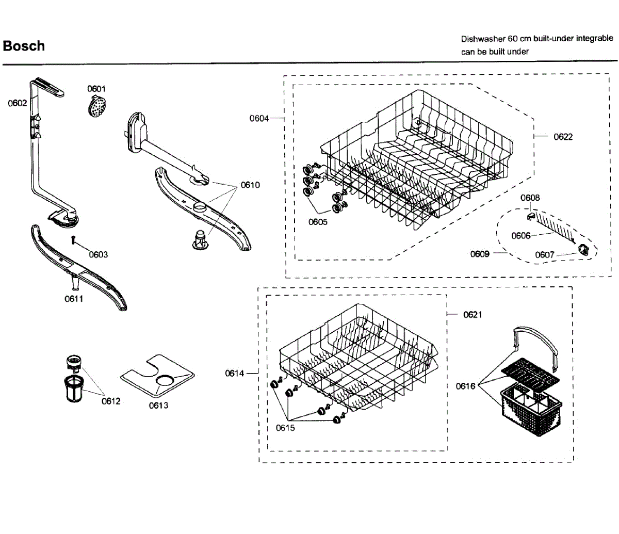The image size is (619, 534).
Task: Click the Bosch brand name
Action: (x=24, y=46)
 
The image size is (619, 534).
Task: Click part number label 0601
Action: (x=96, y=89)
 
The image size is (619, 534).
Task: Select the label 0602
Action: (x=17, y=103)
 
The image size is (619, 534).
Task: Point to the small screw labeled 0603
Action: (x=74, y=239)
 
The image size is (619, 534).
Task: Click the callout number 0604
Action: (x=259, y=119)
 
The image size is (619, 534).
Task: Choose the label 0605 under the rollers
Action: (x=318, y=222)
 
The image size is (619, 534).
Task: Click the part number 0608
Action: (x=530, y=198)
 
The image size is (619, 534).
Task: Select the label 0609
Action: (x=480, y=254)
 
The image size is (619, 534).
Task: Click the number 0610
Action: (x=250, y=185)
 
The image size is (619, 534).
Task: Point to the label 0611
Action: (x=74, y=299)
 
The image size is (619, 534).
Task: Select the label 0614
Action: (x=234, y=373)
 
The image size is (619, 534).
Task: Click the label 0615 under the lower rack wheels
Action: (x=285, y=428)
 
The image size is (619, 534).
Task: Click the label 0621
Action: (x=473, y=315)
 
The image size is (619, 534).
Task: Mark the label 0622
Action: (x=563, y=137)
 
